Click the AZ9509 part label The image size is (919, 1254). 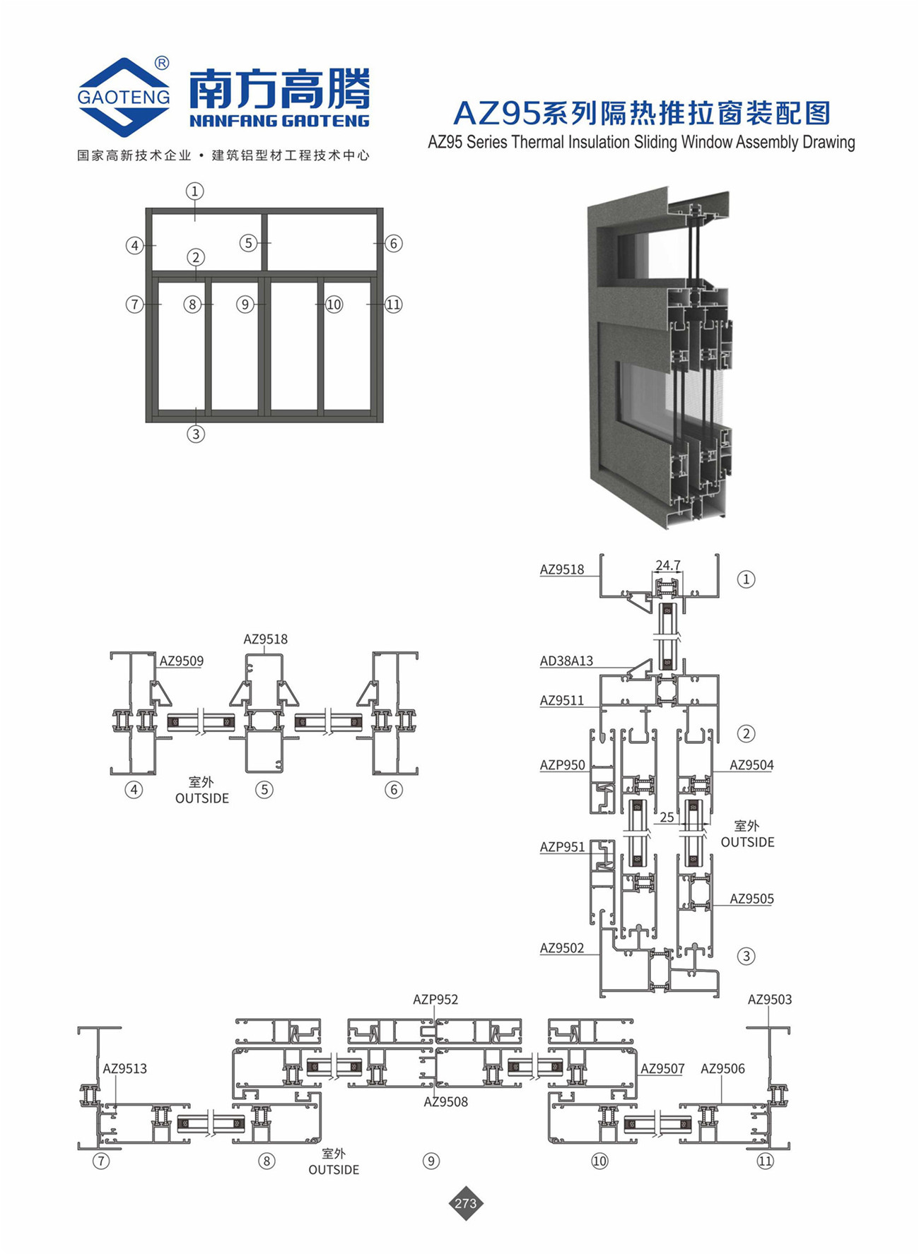181,661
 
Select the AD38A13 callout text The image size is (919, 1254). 566,661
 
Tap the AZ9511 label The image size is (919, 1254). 562,701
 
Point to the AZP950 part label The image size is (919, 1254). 563,765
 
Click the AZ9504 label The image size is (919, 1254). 751,765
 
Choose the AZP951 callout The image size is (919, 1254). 563,847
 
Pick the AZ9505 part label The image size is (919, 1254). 751,899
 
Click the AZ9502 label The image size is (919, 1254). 562,948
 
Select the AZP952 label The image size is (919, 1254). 435,1000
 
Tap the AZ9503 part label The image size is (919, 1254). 770,1000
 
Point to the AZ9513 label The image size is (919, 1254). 125,1069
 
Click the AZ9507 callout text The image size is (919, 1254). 662,1069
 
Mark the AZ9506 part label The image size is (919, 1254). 722,1069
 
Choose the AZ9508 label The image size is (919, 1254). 446,1102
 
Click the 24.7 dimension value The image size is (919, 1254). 668,565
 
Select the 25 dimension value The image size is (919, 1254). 667,817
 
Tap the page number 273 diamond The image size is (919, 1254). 466,1203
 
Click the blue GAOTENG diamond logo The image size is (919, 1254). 124,97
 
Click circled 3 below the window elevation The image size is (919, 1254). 196,434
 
